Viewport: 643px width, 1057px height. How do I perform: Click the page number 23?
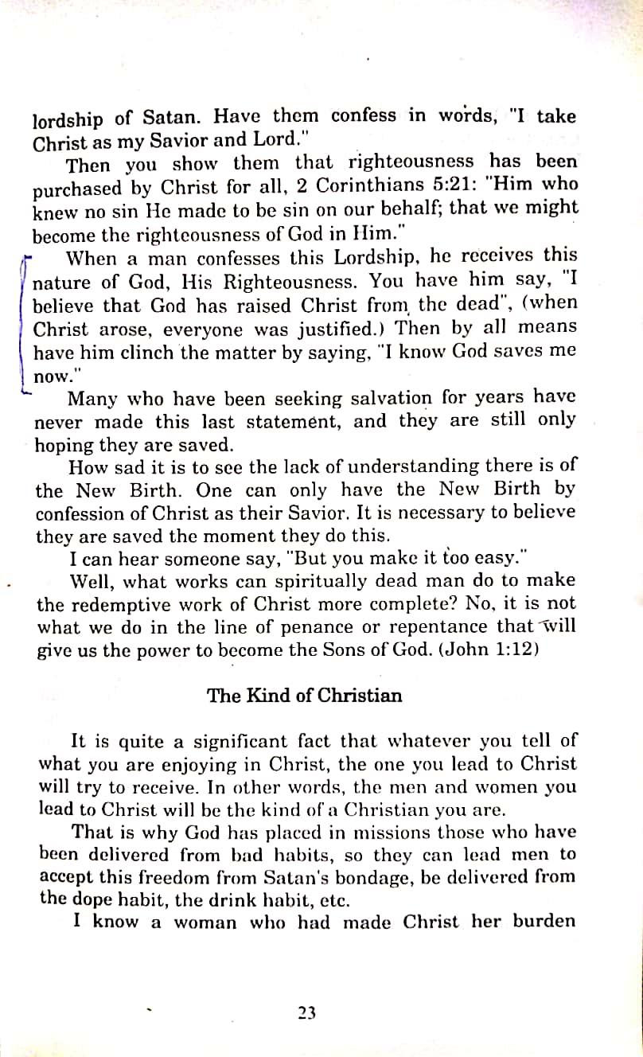(x=306, y=1012)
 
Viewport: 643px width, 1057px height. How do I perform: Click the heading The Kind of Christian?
(x=304, y=695)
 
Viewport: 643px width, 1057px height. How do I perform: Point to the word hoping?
(x=63, y=446)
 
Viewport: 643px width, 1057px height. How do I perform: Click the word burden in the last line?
(x=544, y=922)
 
